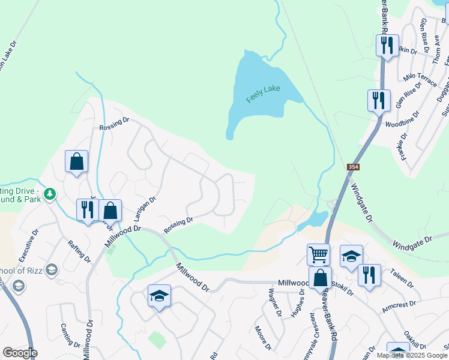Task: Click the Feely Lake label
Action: [x=264, y=94]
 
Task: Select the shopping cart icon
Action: [x=318, y=254]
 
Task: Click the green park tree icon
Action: [x=50, y=194]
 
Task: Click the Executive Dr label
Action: [x=29, y=245]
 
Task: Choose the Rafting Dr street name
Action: [x=79, y=251]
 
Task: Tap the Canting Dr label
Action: [x=70, y=335]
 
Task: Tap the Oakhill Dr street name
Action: [x=415, y=338]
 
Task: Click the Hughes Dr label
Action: [x=297, y=305]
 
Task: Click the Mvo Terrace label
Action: [x=420, y=79]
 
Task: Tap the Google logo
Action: [x=20, y=353]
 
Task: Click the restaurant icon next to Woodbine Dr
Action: [x=379, y=100]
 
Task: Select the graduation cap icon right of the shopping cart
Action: [x=351, y=256]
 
